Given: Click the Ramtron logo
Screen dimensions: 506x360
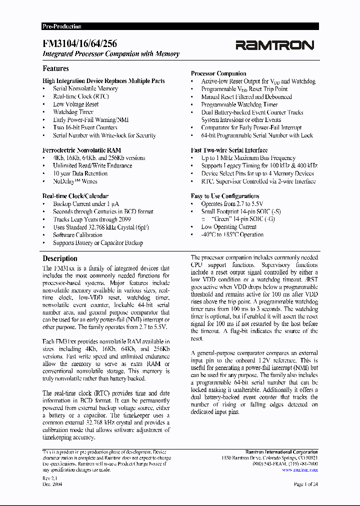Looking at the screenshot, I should (274, 45).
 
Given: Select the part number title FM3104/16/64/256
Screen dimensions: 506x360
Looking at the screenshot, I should (80, 44).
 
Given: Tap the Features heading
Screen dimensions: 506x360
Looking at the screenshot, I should (55, 68).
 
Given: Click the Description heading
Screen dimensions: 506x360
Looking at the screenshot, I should (60, 258).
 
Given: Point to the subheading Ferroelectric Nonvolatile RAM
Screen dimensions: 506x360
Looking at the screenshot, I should (81, 150).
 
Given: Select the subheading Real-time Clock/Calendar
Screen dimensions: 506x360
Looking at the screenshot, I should (75, 196).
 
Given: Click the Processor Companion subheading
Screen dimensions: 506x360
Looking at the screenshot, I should (218, 73).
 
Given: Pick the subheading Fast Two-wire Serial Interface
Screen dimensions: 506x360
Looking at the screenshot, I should (229, 150).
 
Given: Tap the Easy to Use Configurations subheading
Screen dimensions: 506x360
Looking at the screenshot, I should (225, 196).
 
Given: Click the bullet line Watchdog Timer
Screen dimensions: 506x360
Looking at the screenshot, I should (73, 112).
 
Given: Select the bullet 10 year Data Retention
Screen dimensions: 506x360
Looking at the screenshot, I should (80, 173).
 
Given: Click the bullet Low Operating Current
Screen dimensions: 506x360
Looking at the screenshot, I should (228, 227).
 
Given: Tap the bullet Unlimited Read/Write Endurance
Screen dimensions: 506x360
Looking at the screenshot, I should (92, 165).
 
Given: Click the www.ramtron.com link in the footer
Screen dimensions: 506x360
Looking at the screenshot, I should (300, 469).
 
